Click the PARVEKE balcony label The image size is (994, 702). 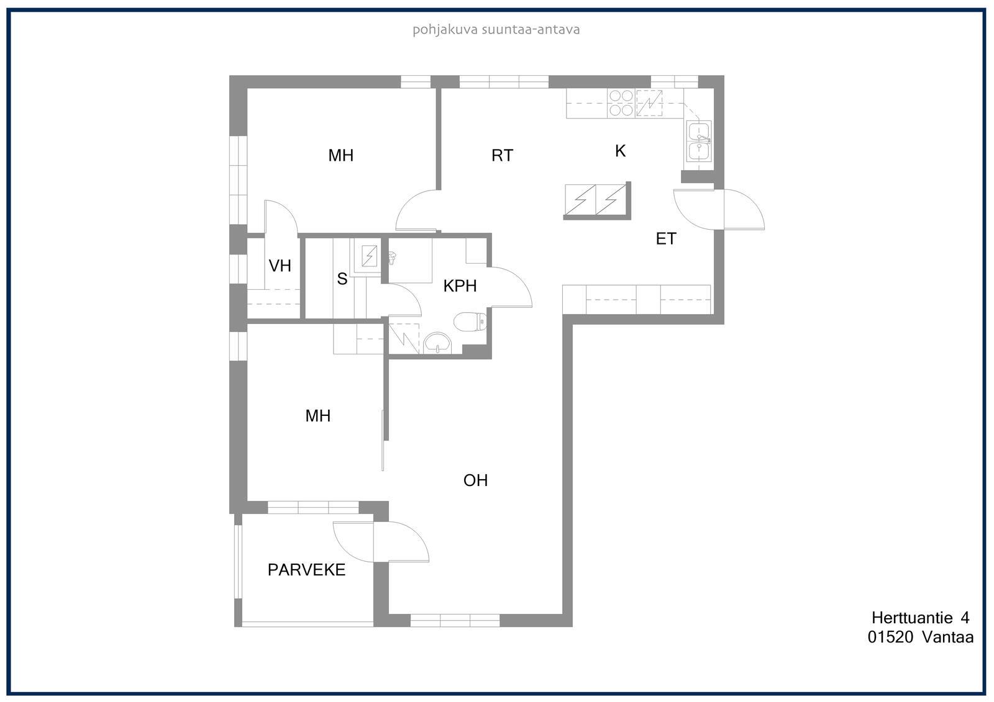[x=306, y=570]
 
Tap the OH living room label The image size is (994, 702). [x=475, y=480]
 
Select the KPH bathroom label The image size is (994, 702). [x=460, y=286]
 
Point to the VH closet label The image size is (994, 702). [x=280, y=266]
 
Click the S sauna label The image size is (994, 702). [x=342, y=279]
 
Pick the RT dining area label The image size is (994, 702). [x=503, y=155]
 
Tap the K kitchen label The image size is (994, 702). [x=621, y=151]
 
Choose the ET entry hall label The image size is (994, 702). [x=666, y=238]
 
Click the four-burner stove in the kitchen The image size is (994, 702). [x=621, y=103]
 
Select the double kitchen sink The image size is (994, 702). [x=698, y=141]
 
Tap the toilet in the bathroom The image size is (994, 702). [x=470, y=322]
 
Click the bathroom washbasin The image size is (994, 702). [x=437, y=344]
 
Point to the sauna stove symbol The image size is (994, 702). [x=369, y=256]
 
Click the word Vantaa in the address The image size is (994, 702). [x=948, y=637]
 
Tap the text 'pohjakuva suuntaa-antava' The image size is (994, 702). [x=496, y=30]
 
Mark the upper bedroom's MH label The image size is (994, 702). [x=341, y=155]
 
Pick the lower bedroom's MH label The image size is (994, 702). [x=317, y=415]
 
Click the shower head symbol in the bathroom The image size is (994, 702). [x=392, y=257]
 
